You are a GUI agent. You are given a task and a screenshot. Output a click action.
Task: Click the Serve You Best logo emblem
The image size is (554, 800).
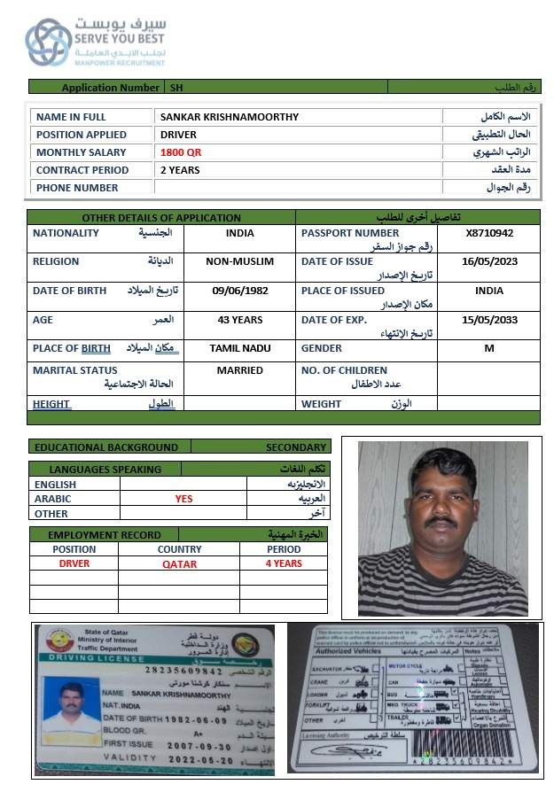pos(49,42)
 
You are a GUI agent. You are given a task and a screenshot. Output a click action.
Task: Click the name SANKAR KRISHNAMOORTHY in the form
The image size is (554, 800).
pos(229,117)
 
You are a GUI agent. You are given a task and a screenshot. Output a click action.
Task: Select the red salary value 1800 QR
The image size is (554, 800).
pos(181,152)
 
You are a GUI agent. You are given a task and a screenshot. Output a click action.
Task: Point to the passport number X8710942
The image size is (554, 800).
pos(488,233)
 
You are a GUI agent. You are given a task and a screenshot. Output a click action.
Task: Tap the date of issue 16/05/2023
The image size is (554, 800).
pos(488,261)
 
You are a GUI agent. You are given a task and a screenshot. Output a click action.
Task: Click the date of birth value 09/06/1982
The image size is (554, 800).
pos(239,291)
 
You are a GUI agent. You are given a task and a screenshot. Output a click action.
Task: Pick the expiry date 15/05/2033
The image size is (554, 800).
pos(488,320)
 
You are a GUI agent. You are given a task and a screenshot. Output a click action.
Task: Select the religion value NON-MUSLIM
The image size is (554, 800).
pos(239,261)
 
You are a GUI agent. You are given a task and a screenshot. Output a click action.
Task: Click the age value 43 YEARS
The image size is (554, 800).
pos(239,320)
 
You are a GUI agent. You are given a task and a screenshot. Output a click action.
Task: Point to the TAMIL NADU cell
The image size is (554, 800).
pos(239,349)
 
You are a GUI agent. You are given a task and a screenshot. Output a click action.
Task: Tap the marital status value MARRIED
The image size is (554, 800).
pos(239,370)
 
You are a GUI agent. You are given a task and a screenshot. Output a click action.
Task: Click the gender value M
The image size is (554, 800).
pos(488,349)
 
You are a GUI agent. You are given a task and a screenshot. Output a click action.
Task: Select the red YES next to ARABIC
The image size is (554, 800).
pos(183,499)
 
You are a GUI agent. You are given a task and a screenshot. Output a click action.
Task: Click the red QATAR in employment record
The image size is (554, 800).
pos(179,564)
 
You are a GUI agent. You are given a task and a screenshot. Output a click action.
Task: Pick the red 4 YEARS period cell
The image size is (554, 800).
pos(284,563)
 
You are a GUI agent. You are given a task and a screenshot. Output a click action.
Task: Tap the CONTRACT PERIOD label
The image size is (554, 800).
pos(82,170)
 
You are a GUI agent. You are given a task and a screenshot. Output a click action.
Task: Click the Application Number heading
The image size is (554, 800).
pos(110,88)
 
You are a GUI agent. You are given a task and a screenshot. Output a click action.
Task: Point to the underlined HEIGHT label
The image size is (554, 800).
pos(51,404)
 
